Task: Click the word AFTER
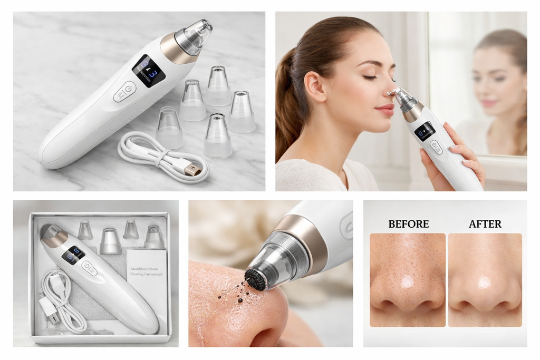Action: point(485,224)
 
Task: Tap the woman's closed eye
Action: point(370,77)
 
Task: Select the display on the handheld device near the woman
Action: point(425,130)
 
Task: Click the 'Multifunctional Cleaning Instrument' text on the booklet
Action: point(146,271)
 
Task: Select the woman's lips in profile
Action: point(385,110)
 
